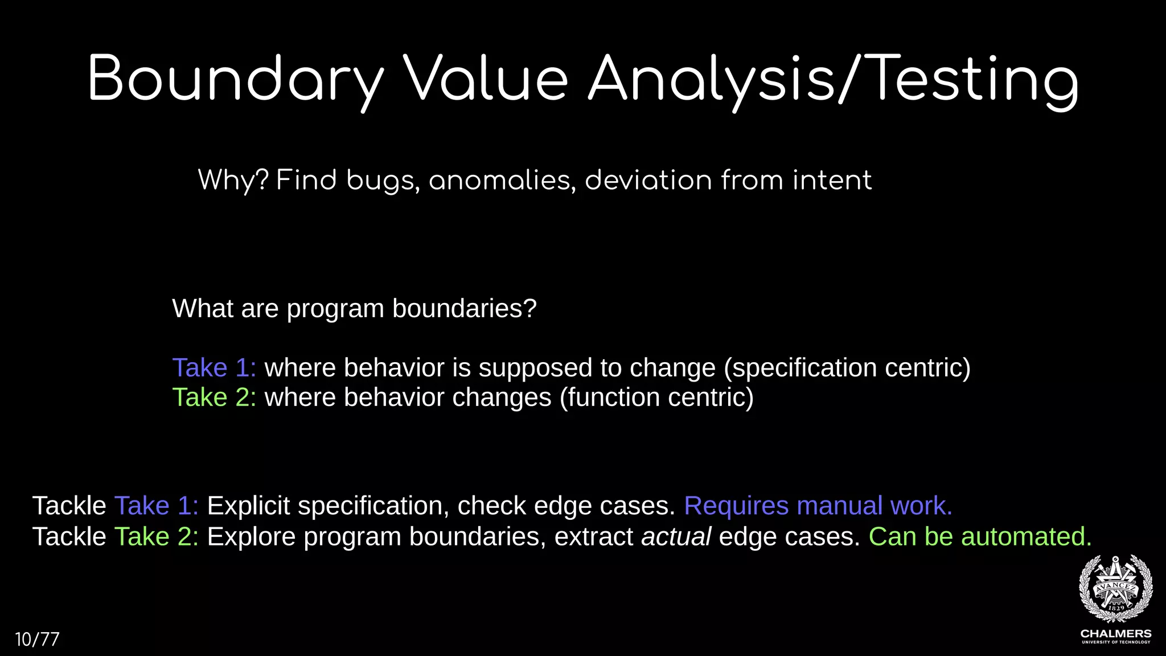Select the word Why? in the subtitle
[233, 181]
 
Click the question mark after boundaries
[530, 309]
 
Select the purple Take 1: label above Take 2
[214, 368]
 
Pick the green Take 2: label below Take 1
[214, 397]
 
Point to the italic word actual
[676, 537]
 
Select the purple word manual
[839, 506]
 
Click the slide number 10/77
[37, 639]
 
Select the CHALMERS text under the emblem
[1116, 633]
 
